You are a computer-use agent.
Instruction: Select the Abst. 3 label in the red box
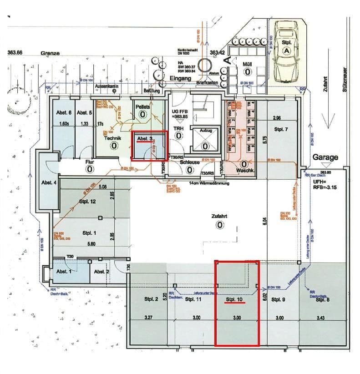point(144,139)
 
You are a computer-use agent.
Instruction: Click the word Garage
point(325,157)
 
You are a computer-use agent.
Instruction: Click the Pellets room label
point(142,106)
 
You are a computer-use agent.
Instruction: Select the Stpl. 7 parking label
point(281,129)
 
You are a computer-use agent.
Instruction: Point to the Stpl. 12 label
point(86,202)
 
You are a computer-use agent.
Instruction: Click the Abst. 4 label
point(49,183)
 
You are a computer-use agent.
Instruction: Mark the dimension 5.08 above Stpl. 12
point(102,187)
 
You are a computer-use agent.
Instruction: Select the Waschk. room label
point(244,171)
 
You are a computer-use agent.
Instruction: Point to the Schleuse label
point(190,162)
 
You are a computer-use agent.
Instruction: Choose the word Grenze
point(50,53)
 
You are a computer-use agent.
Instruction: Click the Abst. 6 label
point(64,113)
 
